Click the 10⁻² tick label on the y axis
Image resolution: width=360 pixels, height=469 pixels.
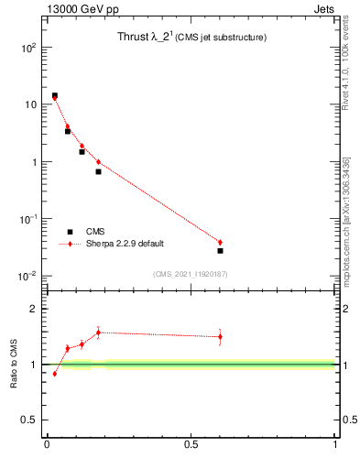click(x=27, y=277)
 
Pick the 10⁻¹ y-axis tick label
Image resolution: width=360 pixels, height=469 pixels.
click(x=27, y=219)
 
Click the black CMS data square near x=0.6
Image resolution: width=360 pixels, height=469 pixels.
click(x=220, y=250)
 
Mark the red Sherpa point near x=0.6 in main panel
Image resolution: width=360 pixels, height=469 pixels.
click(x=220, y=242)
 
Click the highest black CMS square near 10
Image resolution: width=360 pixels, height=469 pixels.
click(x=54, y=95)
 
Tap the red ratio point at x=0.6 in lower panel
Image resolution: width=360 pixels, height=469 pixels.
click(x=220, y=336)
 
